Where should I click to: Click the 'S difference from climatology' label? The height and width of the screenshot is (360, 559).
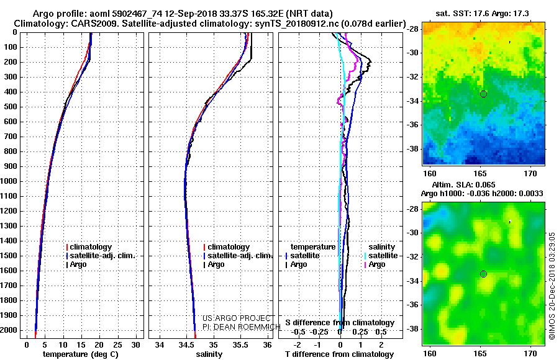(x=340, y=323)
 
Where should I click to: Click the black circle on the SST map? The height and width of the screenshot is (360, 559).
(x=483, y=94)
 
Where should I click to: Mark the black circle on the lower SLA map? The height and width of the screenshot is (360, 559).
(x=483, y=274)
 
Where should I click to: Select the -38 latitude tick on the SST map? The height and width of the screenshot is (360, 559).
(x=414, y=149)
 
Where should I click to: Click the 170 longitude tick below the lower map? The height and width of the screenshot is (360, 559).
(x=530, y=353)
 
